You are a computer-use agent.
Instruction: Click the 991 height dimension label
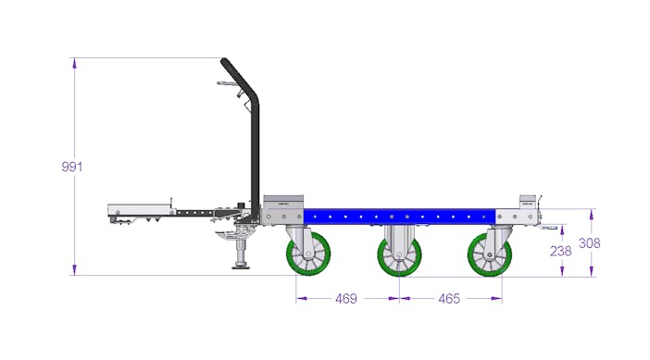click(x=72, y=167)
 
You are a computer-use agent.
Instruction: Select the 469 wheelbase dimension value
click(x=346, y=298)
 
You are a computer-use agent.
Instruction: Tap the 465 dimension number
click(x=449, y=298)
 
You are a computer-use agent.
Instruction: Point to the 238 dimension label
click(x=560, y=251)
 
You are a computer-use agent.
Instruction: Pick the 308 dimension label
click(x=589, y=243)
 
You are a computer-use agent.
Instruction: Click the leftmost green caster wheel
click(x=308, y=254)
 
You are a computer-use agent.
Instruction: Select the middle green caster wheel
click(x=399, y=254)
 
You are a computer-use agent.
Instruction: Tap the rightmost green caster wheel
click(x=490, y=254)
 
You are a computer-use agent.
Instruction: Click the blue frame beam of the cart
click(x=399, y=217)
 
